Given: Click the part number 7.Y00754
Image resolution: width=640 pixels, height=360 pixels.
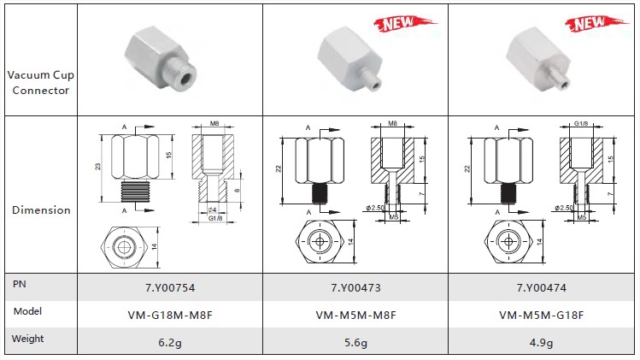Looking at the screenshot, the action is pyautogui.click(x=170, y=287).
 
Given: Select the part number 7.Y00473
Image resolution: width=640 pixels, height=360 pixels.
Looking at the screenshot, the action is pyautogui.click(x=355, y=287).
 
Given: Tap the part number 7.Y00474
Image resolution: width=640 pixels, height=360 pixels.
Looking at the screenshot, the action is pyautogui.click(x=541, y=287).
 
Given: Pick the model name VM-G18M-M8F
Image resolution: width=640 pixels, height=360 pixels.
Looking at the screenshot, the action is pyautogui.click(x=170, y=315).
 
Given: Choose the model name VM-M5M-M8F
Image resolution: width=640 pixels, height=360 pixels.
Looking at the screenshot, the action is pyautogui.click(x=355, y=315).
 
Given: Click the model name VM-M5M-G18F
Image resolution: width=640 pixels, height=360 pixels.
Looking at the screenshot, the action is pyautogui.click(x=541, y=315).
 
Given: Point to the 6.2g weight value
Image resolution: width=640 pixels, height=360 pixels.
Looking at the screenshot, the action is pyautogui.click(x=170, y=342).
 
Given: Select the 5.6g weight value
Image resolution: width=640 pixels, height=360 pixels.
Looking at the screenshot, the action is pyautogui.click(x=355, y=342).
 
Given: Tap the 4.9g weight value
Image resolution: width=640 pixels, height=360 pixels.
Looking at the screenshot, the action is pyautogui.click(x=541, y=342).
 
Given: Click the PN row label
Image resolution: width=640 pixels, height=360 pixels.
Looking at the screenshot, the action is pyautogui.click(x=19, y=284).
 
